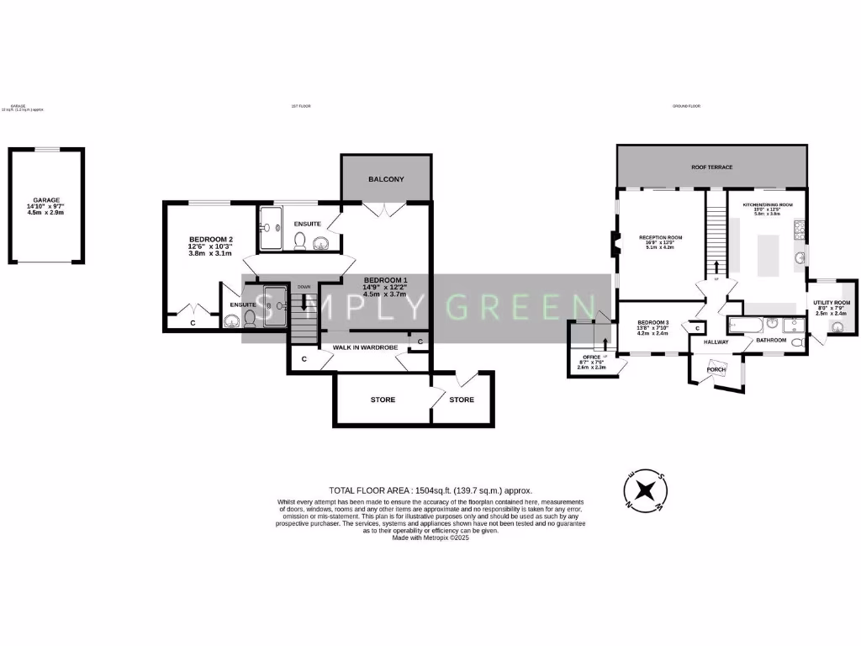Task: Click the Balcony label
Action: coord(386,179)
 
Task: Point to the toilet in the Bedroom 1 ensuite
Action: coord(300,241)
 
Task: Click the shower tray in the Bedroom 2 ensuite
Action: coord(275,304)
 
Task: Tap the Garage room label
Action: coord(46,201)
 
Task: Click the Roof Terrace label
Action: coord(711,167)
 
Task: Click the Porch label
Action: coord(716,369)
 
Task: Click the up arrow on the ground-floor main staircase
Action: coord(716,267)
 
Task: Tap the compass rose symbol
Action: coord(645,490)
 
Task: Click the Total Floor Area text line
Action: coord(430,490)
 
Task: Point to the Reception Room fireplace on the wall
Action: coord(614,245)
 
